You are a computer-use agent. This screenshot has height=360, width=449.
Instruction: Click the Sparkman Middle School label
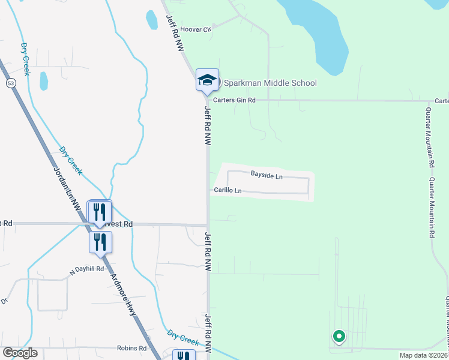(270, 83)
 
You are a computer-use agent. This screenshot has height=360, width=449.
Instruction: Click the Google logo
(20, 353)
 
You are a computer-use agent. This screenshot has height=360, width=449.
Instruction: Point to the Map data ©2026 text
(424, 355)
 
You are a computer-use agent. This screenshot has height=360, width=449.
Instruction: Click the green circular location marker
(339, 337)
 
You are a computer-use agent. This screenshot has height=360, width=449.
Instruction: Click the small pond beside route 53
(43, 80)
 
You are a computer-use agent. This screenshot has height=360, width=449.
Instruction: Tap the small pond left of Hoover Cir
(152, 20)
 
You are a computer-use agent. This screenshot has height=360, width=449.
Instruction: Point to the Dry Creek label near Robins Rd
(183, 338)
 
